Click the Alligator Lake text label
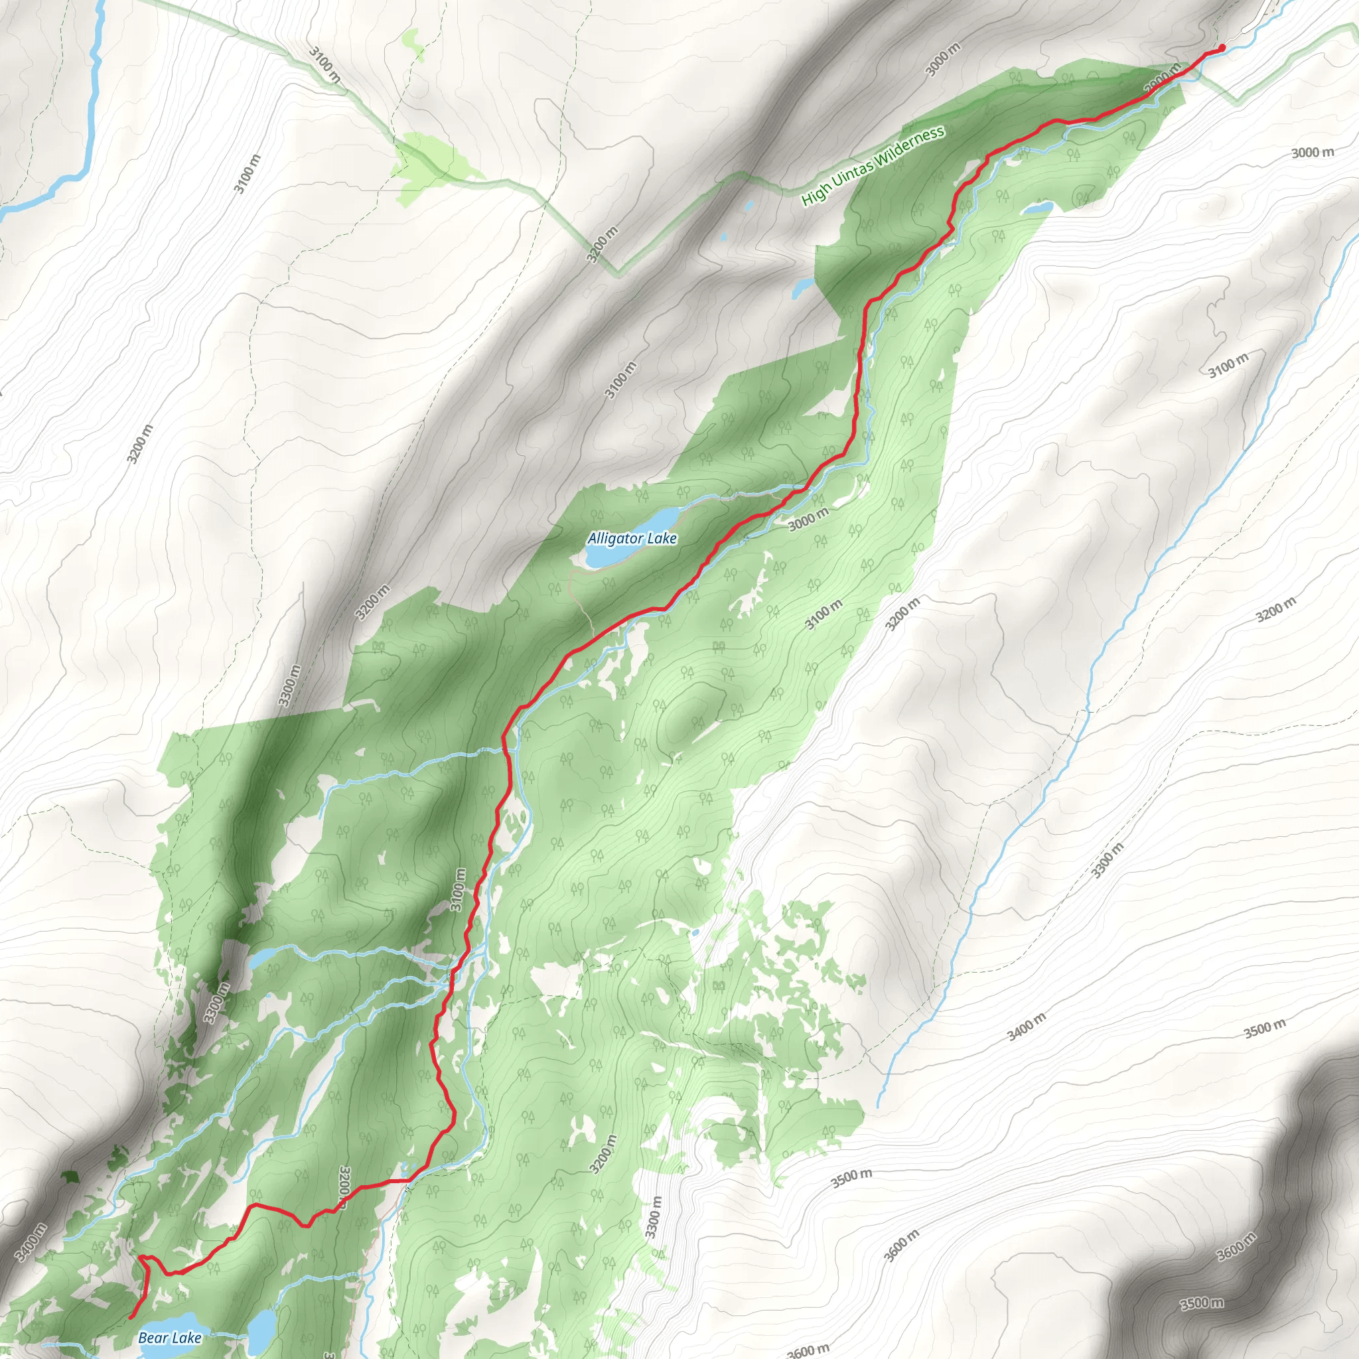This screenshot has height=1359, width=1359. [x=632, y=539]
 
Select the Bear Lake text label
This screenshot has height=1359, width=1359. [x=169, y=1338]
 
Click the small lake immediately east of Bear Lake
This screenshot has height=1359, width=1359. [x=261, y=1327]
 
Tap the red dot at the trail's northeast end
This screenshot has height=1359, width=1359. [x=1221, y=48]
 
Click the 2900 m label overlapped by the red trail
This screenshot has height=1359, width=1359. [x=1162, y=78]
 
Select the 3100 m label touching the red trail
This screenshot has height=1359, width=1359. [x=458, y=890]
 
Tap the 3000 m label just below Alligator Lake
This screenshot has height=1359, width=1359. [x=808, y=520]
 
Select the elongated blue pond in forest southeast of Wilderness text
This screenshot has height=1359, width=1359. [x=1038, y=208]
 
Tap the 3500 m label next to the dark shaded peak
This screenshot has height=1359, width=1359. [x=1202, y=1303]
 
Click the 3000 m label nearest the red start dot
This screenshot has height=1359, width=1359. [x=942, y=60]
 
